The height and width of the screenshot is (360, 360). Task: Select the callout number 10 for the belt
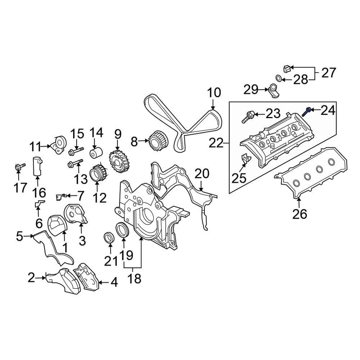coord(214,93)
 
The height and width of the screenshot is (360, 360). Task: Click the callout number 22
coord(216,143)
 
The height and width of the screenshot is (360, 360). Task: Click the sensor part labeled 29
coord(273,91)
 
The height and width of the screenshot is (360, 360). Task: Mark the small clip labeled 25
coord(244,159)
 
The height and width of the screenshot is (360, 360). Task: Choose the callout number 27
coord(328,73)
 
